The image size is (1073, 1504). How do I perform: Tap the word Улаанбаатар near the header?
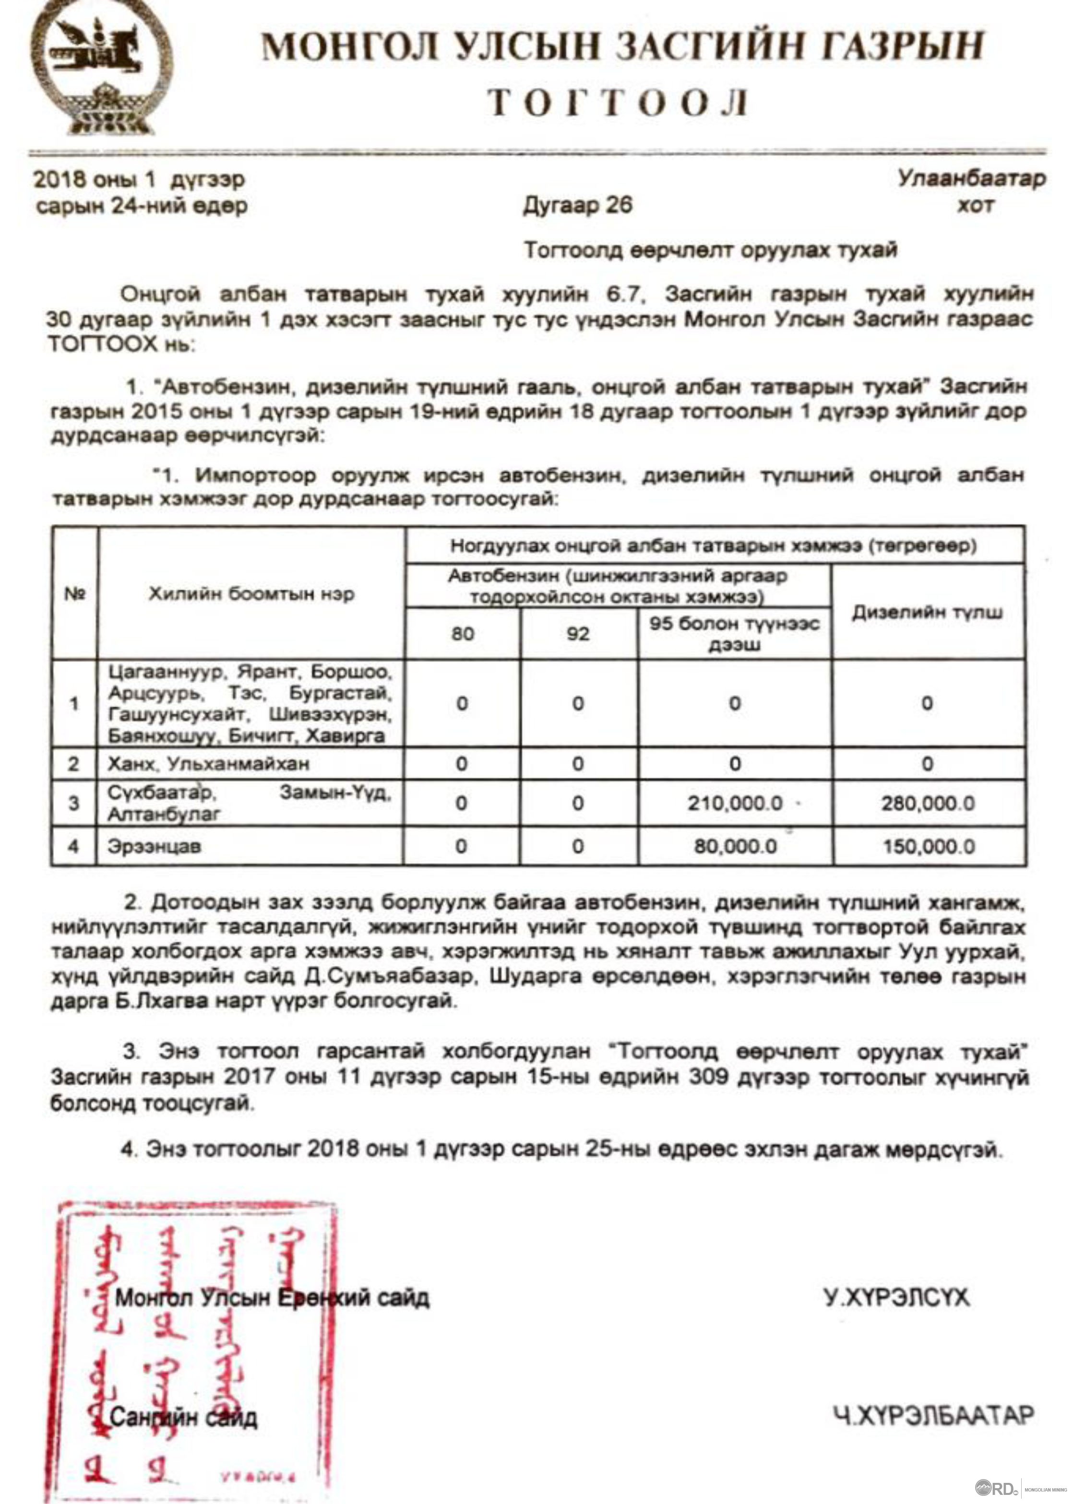(971, 178)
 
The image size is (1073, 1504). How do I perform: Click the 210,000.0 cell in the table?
(735, 803)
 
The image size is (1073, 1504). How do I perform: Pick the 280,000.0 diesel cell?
(928, 803)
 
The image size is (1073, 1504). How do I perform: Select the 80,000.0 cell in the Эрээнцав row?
(735, 846)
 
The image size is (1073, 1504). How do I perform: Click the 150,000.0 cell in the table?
(928, 846)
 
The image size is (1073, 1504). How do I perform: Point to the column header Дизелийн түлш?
(927, 612)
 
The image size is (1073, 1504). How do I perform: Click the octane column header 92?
(578, 633)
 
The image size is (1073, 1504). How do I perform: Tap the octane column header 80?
(463, 633)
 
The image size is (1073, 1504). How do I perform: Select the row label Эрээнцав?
(154, 846)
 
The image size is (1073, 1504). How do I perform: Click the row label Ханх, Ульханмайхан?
(208, 764)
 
